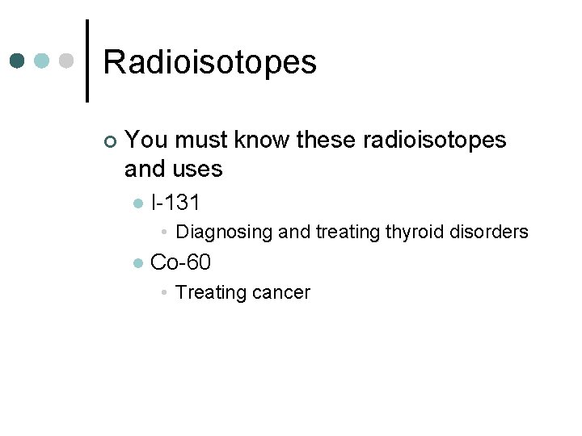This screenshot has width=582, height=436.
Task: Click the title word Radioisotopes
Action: click(210, 62)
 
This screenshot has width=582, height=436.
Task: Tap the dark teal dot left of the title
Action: click(18, 61)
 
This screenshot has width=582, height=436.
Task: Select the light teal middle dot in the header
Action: click(43, 61)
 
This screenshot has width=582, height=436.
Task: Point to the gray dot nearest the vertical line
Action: click(67, 61)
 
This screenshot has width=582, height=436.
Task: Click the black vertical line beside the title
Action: click(86, 61)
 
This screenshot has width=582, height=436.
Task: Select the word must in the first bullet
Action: click(201, 140)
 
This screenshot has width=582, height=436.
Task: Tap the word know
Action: click(263, 140)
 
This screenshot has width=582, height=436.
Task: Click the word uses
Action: click(197, 169)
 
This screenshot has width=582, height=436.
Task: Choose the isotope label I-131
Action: click(175, 203)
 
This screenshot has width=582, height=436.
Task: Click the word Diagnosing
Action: click(224, 233)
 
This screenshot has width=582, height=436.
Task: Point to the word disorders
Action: click(488, 232)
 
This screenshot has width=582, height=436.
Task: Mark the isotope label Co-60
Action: click(181, 262)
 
